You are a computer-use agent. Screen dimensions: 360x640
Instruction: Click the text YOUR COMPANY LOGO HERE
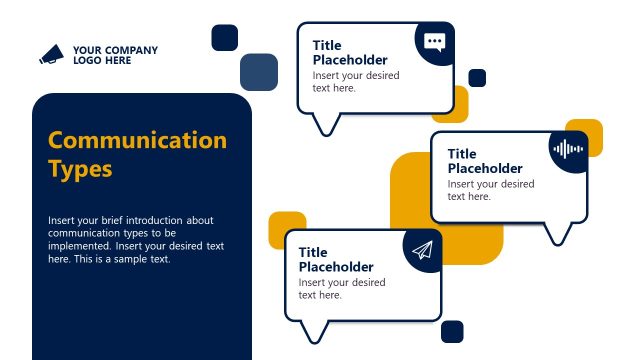[114, 55]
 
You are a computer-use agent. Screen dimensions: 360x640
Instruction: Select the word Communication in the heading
[137, 139]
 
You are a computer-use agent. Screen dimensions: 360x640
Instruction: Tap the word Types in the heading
[80, 168]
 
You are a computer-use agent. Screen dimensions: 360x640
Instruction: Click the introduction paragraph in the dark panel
[136, 239]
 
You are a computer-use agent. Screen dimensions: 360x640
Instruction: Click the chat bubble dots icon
[434, 42]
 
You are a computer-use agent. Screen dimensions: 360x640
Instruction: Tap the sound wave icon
[567, 149]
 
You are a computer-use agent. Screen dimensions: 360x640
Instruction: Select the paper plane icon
[422, 250]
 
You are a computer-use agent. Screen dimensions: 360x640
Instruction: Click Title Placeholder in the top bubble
[349, 52]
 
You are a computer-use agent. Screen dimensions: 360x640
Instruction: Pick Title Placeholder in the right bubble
[485, 161]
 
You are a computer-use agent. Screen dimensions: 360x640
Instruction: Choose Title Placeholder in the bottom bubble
[336, 260]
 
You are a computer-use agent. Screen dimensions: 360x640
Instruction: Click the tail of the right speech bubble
[559, 233]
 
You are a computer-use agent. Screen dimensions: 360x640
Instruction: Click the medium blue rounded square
[259, 72]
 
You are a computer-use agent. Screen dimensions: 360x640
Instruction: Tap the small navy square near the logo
[225, 37]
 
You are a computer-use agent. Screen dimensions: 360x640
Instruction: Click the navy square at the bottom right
[452, 332]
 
